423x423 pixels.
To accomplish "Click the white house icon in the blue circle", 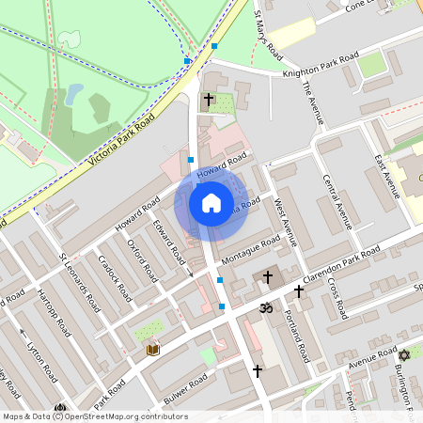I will (x=211, y=203).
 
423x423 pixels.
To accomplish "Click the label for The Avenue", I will (x=314, y=103).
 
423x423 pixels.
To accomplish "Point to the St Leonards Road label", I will (x=78, y=278).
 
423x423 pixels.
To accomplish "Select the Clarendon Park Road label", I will (x=352, y=263).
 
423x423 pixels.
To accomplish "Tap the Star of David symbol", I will (x=405, y=355).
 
